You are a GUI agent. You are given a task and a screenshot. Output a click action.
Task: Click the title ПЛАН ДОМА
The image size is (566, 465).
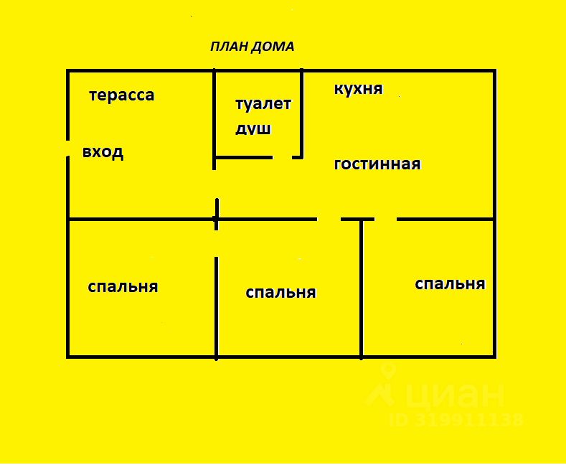pos(252,47)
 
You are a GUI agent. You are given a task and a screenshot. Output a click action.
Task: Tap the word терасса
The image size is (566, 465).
pos(121,95)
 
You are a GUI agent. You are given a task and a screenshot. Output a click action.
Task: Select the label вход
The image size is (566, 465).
pos(103,152)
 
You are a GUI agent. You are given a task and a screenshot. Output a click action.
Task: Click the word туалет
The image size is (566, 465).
pos(263,103)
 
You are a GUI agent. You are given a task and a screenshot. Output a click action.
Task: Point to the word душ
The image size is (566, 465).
pos(253,129)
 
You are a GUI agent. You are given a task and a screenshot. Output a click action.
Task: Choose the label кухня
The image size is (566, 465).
pos(358,89)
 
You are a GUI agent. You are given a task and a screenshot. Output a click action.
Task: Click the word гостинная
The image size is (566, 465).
pos(377,164)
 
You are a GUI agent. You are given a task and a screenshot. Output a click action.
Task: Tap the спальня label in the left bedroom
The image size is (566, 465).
pos(123,287)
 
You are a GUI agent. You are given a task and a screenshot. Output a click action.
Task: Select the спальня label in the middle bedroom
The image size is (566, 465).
pos(280,293)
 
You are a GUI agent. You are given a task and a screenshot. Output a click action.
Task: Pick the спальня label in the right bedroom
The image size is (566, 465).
pos(450,283)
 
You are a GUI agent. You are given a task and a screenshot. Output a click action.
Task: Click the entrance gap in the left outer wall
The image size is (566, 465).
pos(68,149)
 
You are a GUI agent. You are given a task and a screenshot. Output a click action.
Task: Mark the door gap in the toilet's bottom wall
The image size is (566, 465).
pos(283,156)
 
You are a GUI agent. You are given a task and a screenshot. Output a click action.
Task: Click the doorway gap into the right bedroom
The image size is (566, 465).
pos(385,219)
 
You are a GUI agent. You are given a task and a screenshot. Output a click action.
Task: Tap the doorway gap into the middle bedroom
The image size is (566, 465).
pos(329,219)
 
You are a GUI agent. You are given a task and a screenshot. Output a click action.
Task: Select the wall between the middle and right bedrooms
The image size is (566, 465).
pos(362,287)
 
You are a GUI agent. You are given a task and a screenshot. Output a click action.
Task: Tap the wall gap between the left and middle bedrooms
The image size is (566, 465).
pos(216,244)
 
